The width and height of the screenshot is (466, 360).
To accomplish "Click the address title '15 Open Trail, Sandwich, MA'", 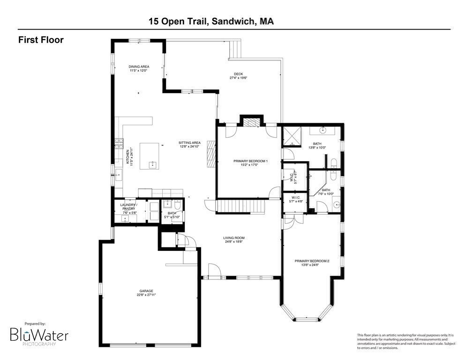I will coord(211,21).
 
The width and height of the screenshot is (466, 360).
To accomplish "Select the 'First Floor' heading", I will coord(41,40).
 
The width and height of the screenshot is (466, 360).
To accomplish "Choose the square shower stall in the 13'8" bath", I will coord(292,136).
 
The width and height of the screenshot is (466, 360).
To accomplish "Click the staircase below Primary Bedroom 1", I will coord(239,206).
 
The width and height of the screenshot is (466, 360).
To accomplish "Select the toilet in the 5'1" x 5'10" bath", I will coord(177,204).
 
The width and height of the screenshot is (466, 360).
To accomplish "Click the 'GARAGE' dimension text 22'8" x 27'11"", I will coord(146,295).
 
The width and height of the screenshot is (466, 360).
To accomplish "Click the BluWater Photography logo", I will coord(40,335).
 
